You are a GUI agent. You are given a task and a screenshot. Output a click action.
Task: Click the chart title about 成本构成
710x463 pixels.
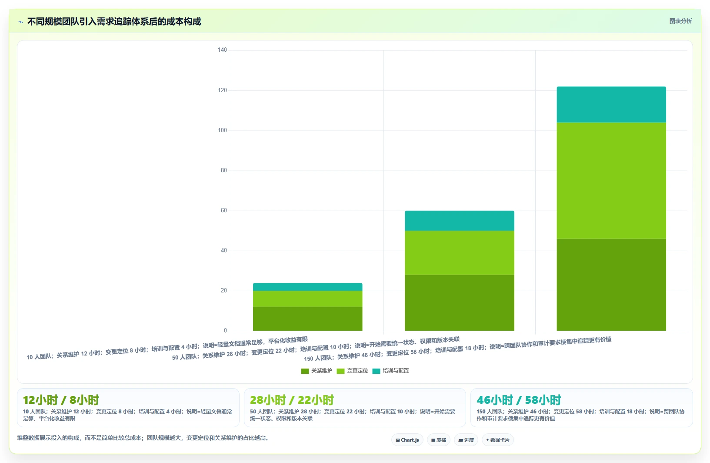pyautogui.click(x=114, y=22)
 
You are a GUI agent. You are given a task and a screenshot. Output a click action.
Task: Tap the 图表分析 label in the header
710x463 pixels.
pyautogui.click(x=680, y=21)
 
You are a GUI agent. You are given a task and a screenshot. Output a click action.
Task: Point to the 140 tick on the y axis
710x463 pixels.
pyautogui.click(x=222, y=50)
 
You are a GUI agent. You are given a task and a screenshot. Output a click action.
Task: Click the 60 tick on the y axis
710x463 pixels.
pyautogui.click(x=224, y=211)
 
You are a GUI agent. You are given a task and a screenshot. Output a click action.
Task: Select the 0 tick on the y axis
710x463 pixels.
pyautogui.click(x=225, y=330)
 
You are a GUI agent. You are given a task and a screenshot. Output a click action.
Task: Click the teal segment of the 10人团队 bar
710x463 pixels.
pyautogui.click(x=307, y=287)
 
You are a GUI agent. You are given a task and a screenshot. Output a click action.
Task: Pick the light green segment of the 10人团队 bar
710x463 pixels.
pyautogui.click(x=307, y=299)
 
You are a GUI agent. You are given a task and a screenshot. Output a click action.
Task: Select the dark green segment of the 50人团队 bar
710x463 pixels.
pyautogui.click(x=459, y=303)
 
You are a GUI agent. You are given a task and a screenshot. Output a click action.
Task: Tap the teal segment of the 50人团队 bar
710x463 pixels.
pyautogui.click(x=459, y=221)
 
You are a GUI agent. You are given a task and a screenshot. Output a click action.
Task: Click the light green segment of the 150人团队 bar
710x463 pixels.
pyautogui.click(x=611, y=181)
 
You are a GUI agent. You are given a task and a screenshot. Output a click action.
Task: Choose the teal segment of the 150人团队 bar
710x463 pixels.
pyautogui.click(x=611, y=104)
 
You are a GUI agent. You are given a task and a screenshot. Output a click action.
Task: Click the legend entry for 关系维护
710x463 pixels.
pyautogui.click(x=317, y=371)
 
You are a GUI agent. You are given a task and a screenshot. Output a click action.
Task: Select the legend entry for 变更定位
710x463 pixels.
pyautogui.click(x=353, y=371)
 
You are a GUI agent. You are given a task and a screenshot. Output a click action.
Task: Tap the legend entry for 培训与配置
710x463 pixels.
pyautogui.click(x=390, y=371)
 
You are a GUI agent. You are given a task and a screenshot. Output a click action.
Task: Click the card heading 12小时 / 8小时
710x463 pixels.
pyautogui.click(x=61, y=400)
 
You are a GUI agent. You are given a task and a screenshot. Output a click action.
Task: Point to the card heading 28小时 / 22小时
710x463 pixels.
pyautogui.click(x=292, y=400)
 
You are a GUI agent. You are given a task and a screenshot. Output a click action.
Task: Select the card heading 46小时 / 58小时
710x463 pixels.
pyautogui.click(x=519, y=400)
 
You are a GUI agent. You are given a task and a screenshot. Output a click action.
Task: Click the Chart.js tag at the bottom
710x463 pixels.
pyautogui.click(x=407, y=440)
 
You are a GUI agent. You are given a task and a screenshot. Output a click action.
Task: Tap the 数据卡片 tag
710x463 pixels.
pyautogui.click(x=498, y=440)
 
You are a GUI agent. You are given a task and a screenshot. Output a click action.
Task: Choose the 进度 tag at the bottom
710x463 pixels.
pyautogui.click(x=466, y=440)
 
